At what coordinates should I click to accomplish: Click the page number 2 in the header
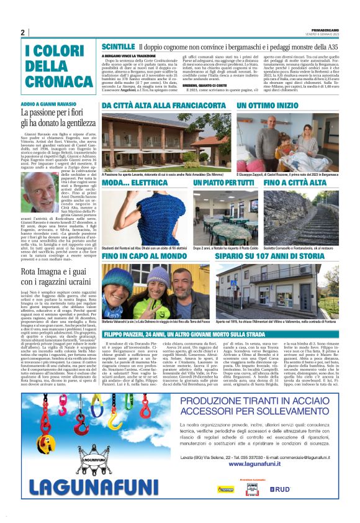coord(23,32)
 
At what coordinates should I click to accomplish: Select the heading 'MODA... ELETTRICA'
coord(132,183)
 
